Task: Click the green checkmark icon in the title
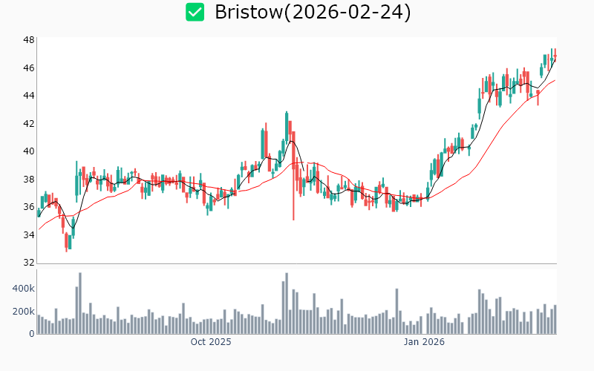[195, 12]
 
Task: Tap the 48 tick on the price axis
[28, 39]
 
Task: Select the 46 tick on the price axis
[28, 68]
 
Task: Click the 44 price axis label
[28, 96]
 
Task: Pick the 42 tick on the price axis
[28, 123]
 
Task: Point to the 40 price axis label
[28, 151]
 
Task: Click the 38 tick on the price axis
[28, 179]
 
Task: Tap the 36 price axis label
[28, 207]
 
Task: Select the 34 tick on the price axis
[28, 235]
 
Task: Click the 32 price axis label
[28, 263]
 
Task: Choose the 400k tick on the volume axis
[24, 288]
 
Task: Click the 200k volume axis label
[24, 311]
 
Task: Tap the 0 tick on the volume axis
[31, 334]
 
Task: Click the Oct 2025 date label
[211, 342]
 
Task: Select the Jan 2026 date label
[424, 342]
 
